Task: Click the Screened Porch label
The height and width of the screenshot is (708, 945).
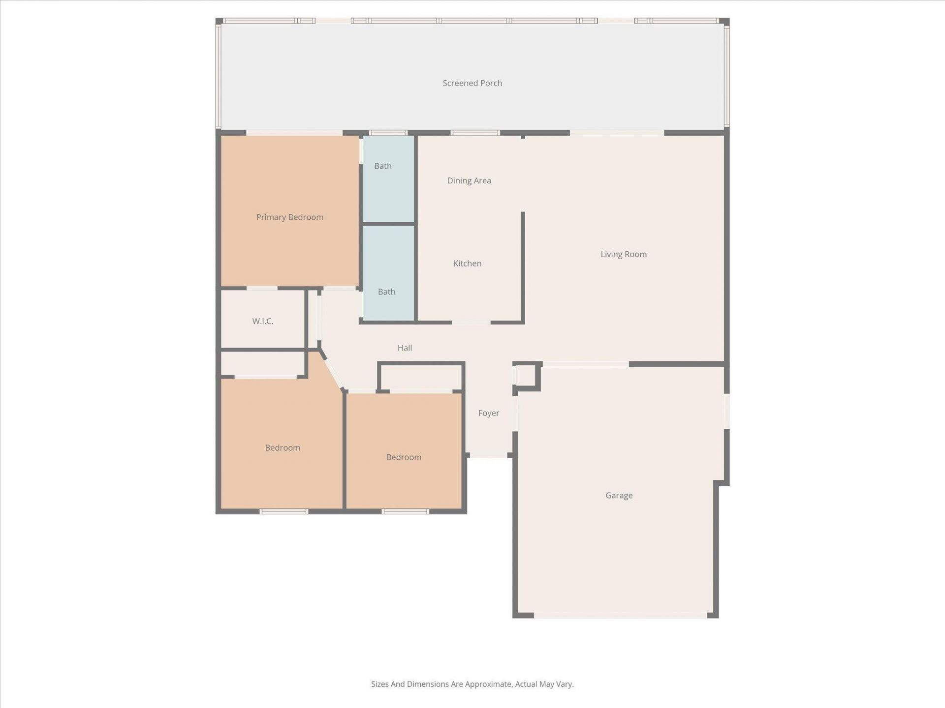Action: (x=472, y=83)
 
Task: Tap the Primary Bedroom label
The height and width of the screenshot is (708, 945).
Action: (x=289, y=217)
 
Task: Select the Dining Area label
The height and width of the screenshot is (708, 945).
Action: (x=469, y=180)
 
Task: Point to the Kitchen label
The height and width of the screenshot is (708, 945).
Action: (x=467, y=264)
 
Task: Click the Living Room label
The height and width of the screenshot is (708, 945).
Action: (x=623, y=254)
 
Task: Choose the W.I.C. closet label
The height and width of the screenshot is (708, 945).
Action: (x=262, y=321)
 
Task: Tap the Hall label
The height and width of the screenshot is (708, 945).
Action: (x=405, y=348)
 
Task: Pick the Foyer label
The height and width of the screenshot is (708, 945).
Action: (x=488, y=413)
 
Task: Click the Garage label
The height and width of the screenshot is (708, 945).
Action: (x=619, y=496)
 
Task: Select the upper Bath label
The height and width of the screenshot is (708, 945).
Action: (x=382, y=166)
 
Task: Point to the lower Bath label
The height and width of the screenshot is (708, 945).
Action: (x=386, y=292)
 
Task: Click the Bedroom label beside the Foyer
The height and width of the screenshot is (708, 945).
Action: (x=404, y=457)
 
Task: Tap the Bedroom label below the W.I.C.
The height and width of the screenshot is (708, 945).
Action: (x=282, y=448)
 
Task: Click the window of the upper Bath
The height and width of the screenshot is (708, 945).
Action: (x=388, y=133)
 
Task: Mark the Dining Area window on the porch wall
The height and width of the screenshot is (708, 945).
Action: (x=475, y=133)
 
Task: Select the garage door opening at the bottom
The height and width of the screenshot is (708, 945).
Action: (x=621, y=615)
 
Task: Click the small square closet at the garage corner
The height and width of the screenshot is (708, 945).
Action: (x=526, y=376)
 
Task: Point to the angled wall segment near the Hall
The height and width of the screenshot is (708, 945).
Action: (x=332, y=370)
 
